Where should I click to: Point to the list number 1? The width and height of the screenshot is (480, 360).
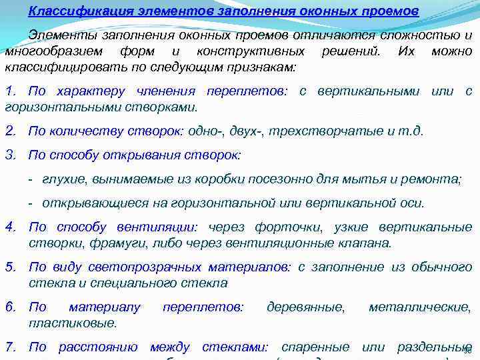(x=9, y=91)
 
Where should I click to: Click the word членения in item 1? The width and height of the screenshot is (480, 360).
(x=167, y=91)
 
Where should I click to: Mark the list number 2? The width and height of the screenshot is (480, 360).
(x=9, y=131)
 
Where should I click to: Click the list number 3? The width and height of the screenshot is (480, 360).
(x=9, y=155)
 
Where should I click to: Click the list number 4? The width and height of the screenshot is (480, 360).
(x=9, y=227)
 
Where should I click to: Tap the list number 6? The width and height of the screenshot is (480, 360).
(x=9, y=307)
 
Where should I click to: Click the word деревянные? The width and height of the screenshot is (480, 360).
(x=305, y=307)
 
